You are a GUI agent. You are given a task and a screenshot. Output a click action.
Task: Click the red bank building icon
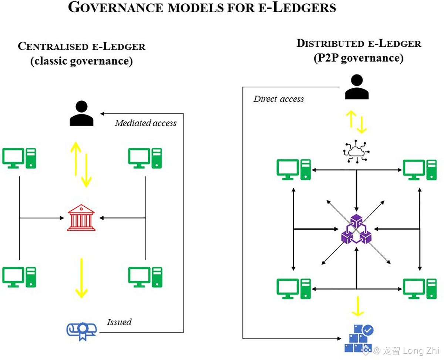point(81,219)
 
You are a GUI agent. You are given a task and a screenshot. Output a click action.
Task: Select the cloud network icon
point(356,151)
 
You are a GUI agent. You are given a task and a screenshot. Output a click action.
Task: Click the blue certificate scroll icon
point(81,329)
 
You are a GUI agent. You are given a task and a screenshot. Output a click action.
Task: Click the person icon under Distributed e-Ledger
point(357,87)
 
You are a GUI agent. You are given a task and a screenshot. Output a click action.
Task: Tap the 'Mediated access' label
point(145,123)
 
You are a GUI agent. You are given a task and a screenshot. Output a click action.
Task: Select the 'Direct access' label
point(279,99)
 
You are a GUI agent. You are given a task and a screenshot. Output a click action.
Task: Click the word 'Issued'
point(119,321)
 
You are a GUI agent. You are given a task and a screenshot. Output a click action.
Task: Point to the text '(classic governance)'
point(81,61)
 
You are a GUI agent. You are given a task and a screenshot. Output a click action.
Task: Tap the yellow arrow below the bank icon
point(81,277)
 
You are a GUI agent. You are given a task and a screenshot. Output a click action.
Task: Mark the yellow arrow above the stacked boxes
point(357,306)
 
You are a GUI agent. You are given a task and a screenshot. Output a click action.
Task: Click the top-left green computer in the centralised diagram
point(19,158)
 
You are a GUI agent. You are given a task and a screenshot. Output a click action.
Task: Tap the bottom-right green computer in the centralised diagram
point(145,277)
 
